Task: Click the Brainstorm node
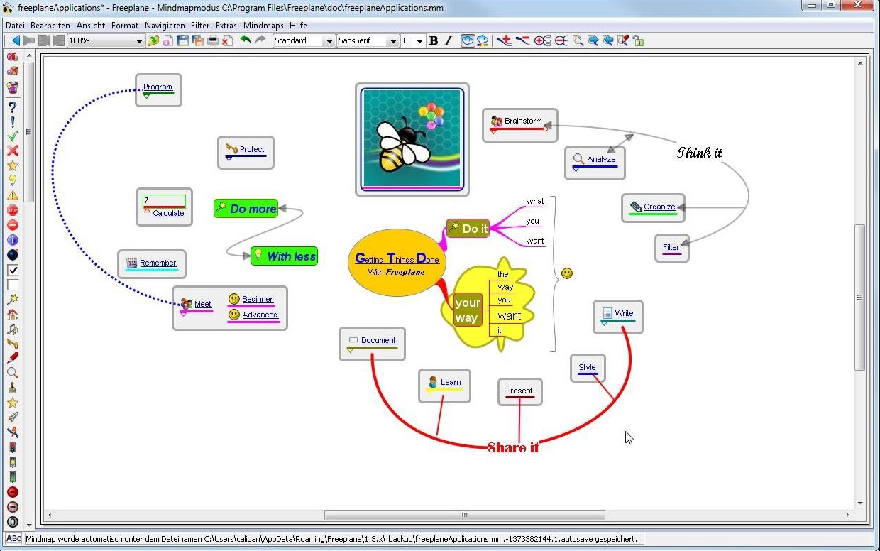coord(519,125)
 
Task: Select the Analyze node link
coord(601,159)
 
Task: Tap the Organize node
coord(653,207)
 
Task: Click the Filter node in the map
coord(672,248)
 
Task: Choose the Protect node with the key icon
coord(246,153)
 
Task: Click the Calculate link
coord(168,213)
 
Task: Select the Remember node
coord(152,263)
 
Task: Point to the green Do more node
coord(246,208)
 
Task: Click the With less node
coord(284,256)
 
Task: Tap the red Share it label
coord(513,447)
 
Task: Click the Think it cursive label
coord(699,153)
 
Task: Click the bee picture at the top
coord(412,139)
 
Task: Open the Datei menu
coord(15,26)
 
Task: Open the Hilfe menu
coord(298,26)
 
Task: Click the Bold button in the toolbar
coord(434,40)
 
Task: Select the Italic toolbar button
coord(449,40)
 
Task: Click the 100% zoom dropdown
coord(105,40)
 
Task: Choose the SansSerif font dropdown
coord(368,40)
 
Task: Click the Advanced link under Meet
coord(260,315)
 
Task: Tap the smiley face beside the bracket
coord(567,273)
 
